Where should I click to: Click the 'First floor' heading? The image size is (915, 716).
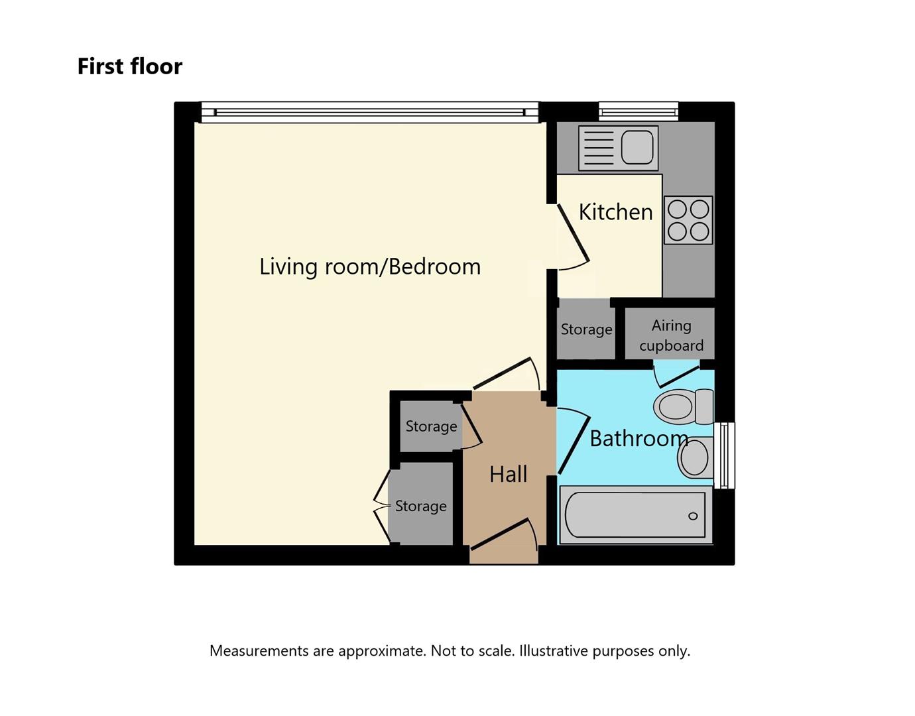click(129, 66)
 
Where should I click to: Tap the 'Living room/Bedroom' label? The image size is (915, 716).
click(369, 267)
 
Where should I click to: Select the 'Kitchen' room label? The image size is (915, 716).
click(615, 212)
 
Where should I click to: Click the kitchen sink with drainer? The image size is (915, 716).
click(618, 147)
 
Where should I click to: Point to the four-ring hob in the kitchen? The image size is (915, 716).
click(688, 220)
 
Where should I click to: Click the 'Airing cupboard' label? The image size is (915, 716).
click(671, 335)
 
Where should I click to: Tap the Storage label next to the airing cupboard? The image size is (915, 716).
click(586, 329)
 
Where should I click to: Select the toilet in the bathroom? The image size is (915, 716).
click(683, 406)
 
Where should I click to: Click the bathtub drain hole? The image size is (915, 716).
click(693, 516)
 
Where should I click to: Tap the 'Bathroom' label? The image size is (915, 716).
click(639, 439)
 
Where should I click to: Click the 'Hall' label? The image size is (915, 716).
click(508, 475)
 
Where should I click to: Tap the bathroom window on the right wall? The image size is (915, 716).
click(727, 455)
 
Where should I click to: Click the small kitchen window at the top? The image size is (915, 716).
click(639, 111)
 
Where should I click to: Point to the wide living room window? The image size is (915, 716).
click(369, 112)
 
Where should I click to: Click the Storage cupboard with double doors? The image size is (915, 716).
click(420, 507)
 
